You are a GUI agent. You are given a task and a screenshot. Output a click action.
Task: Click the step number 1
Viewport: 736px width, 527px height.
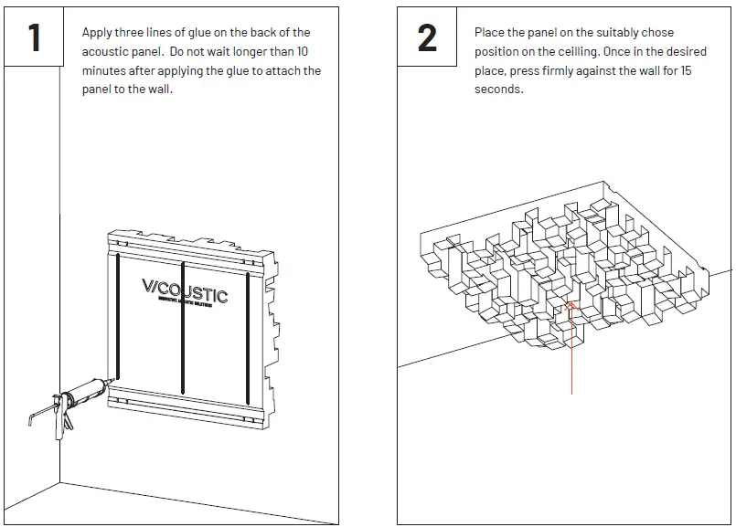pyautogui.click(x=35, y=37)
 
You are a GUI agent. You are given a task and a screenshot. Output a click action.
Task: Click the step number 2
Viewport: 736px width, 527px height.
pyautogui.click(x=427, y=37)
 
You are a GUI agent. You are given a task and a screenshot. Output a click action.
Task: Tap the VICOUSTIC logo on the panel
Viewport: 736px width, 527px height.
pyautogui.click(x=185, y=291)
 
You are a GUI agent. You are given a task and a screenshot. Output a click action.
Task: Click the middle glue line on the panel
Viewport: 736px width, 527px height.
pyautogui.click(x=183, y=324)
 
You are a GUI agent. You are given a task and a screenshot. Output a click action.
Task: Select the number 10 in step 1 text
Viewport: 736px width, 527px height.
pyautogui.click(x=302, y=51)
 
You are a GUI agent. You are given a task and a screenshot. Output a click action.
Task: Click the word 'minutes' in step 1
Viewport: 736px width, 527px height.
pyautogui.click(x=104, y=70)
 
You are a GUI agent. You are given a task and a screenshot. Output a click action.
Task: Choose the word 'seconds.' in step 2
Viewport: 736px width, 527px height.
pyautogui.click(x=498, y=90)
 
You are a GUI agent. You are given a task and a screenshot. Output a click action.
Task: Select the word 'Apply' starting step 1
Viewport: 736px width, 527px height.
pyautogui.click(x=97, y=33)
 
